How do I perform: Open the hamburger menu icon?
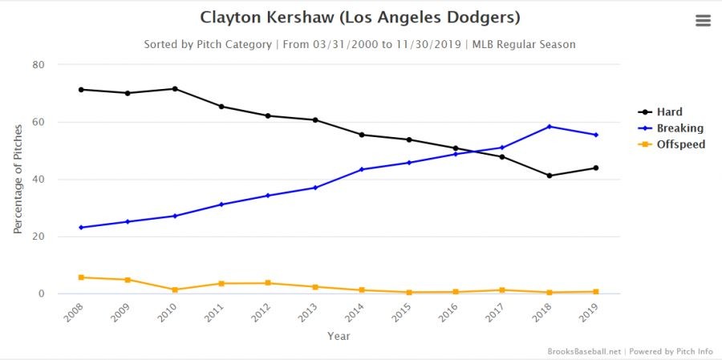pos(703,21)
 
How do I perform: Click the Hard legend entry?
pos(668,112)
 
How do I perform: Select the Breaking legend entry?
pos(678,128)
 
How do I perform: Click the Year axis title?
pos(339,337)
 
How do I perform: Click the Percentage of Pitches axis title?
pos(18,179)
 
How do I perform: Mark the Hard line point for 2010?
pos(175,88)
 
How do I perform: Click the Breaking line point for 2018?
pos(550,127)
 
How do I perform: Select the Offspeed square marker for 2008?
pos(81,277)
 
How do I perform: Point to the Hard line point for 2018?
pos(550,176)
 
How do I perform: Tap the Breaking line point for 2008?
pos(81,228)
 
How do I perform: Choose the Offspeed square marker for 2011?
pos(221,284)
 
